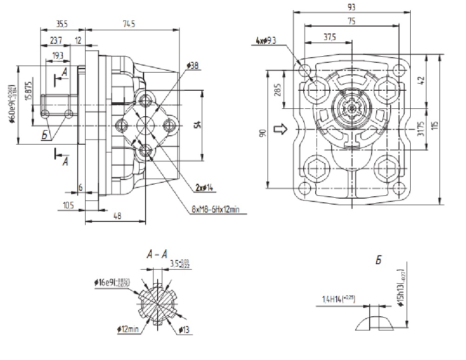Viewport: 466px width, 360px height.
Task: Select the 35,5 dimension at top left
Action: [x=62, y=25]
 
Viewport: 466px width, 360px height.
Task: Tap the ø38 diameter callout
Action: [x=192, y=66]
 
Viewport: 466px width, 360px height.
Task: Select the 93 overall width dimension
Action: [x=352, y=7]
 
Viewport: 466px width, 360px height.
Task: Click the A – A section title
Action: [x=158, y=254]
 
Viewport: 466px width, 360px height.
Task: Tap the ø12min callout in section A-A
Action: [x=128, y=330]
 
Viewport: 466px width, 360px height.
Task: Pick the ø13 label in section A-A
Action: [x=186, y=330]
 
